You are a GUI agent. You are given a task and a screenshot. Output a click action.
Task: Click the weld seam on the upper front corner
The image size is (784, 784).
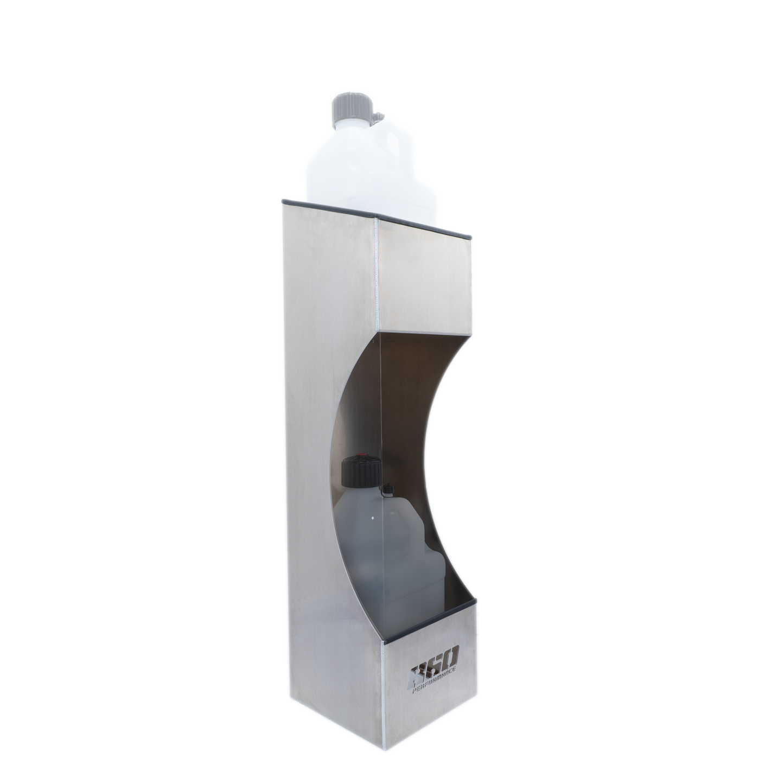377,271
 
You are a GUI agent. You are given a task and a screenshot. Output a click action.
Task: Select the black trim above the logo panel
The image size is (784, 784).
429,622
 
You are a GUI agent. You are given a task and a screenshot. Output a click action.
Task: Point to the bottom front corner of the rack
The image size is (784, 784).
385,762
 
